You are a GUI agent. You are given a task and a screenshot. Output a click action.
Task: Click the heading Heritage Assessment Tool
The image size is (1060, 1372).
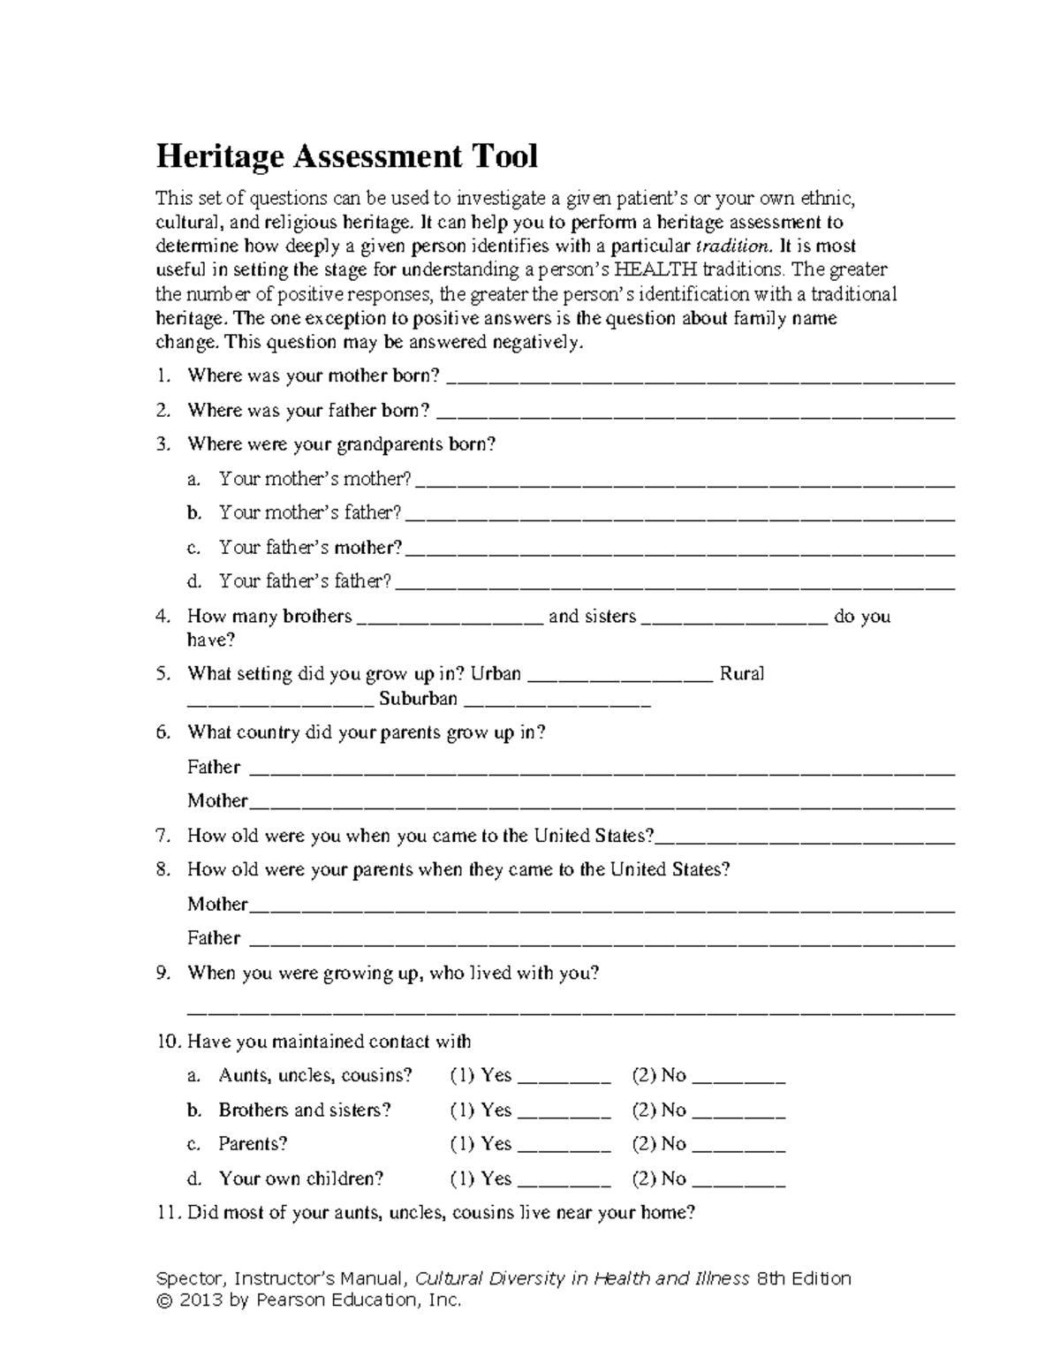[x=346, y=156]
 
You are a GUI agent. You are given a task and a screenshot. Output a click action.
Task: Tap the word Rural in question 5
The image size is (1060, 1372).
[x=742, y=674]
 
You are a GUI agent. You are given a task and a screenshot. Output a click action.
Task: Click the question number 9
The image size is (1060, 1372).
[x=163, y=974]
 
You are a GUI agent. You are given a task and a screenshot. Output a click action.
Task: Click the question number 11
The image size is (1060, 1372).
[x=167, y=1213]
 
